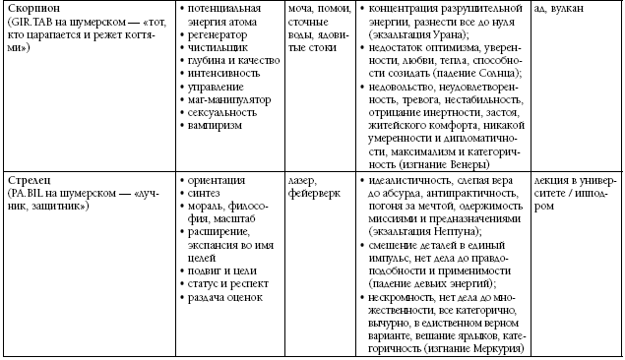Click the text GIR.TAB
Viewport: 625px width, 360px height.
[x=30, y=22]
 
